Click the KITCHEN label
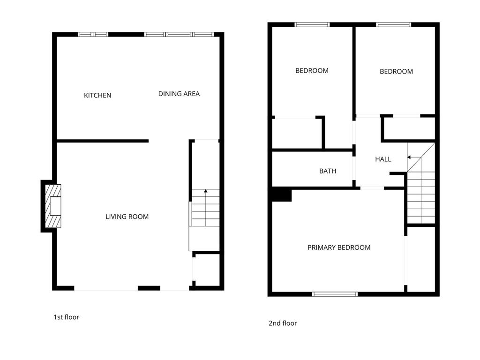pyautogui.click(x=97, y=95)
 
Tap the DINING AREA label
pyautogui.click(x=179, y=94)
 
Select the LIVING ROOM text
pyautogui.click(x=127, y=217)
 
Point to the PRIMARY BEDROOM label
pyautogui.click(x=339, y=247)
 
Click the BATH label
pyautogui.click(x=328, y=171)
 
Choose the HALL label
pyautogui.click(x=383, y=159)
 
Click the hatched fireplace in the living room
pyautogui.click(x=52, y=206)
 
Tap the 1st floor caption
pyautogui.click(x=66, y=317)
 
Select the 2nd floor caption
pyautogui.click(x=283, y=323)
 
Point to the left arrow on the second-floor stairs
pyautogui.click(x=412, y=158)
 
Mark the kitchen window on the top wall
pyautogui.click(x=93, y=34)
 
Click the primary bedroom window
pyautogui.click(x=335, y=294)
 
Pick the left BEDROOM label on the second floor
pyautogui.click(x=312, y=71)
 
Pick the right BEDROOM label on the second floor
pyautogui.click(x=396, y=72)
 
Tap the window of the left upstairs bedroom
pyautogui.click(x=312, y=24)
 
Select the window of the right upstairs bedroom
pyautogui.click(x=394, y=24)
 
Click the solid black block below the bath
pyautogui.click(x=282, y=195)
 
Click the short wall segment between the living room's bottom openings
pyautogui.click(x=149, y=288)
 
